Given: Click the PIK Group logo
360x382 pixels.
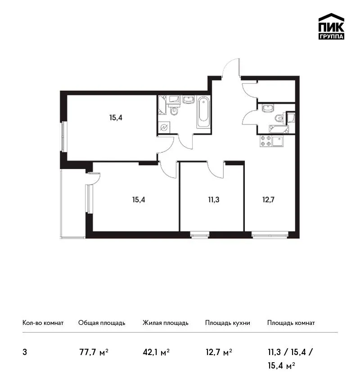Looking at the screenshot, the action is point(331,27).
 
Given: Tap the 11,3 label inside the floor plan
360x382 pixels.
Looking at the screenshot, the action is point(214,200).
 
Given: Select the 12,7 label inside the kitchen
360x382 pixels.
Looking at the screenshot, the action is point(268,200).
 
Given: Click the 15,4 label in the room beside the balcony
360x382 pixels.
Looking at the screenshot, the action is point(139,200).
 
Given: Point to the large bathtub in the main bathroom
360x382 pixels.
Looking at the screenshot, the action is point(203,112).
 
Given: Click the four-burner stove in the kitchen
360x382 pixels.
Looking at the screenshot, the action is point(265,141).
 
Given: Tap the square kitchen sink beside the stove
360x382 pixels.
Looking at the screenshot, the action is point(278,141).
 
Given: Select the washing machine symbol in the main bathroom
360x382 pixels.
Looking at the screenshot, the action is point(164,128).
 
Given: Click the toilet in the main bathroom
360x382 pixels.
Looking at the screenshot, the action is point(174,111).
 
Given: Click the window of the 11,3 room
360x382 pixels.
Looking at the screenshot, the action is point(200,235).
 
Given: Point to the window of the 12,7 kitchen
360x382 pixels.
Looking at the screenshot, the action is point(270,235).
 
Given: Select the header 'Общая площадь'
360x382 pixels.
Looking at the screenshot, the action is point(102,323).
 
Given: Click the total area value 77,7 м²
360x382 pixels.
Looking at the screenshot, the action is point(94,352).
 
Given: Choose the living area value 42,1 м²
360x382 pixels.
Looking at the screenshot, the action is point(156,352).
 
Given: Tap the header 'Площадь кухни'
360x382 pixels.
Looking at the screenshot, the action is point(228,323).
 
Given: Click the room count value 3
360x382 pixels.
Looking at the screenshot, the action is point(25,352).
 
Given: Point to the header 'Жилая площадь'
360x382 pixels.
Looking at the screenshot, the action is point(165,323).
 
